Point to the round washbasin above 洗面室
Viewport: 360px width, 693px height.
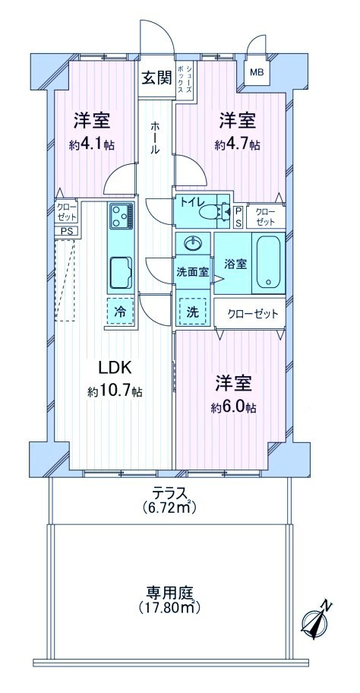[194, 242]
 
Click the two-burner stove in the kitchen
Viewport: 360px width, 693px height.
[120, 216]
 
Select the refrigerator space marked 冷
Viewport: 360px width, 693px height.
[120, 312]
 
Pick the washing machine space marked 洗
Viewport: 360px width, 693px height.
[193, 312]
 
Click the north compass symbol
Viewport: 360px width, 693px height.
[315, 622]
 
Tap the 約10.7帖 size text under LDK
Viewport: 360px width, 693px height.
[115, 391]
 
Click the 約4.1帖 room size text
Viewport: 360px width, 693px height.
[92, 144]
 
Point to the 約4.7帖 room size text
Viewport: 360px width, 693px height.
[237, 144]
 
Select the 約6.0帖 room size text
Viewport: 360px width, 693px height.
[234, 407]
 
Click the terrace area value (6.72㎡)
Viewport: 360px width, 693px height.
[169, 508]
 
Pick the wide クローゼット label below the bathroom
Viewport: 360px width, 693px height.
[254, 315]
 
